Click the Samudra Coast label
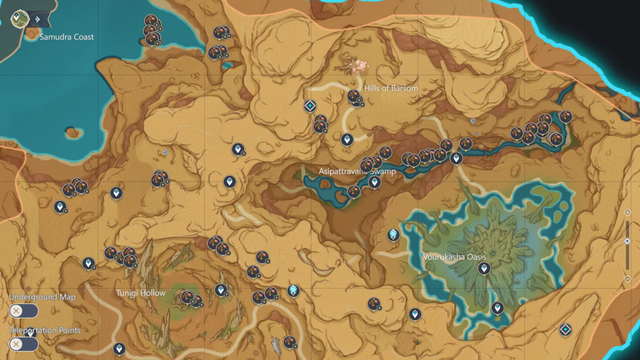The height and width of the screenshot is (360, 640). [x=66, y=37]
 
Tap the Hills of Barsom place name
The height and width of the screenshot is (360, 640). [x=391, y=89]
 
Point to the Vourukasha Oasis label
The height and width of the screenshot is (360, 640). [x=454, y=257]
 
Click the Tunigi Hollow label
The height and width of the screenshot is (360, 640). [x=141, y=293]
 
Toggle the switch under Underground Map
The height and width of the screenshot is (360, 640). [x=24, y=311]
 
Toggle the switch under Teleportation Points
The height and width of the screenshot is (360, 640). [x=24, y=344]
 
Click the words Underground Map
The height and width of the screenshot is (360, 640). [x=42, y=297]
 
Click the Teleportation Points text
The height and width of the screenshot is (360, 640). [x=44, y=330]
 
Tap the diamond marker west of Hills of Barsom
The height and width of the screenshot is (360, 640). [x=309, y=106]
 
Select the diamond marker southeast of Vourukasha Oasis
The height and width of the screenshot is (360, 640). [x=566, y=329]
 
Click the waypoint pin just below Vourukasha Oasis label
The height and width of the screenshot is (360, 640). [x=483, y=269]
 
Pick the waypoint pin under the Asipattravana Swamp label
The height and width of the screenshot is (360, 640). [x=374, y=182]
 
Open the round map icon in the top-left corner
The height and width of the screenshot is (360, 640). [x=21, y=19]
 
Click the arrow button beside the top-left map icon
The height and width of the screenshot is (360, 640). [x=38, y=19]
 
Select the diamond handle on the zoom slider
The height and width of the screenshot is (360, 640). [x=627, y=241]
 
